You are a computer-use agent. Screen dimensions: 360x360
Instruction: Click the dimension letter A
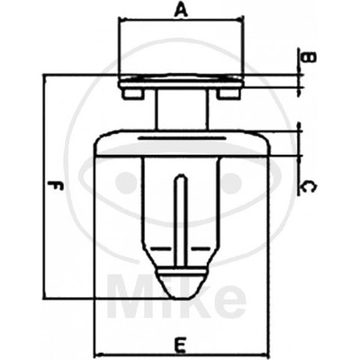click(x=181, y=11)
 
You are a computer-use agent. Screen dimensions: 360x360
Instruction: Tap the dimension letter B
click(x=309, y=57)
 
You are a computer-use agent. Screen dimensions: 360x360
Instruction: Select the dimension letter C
click(x=308, y=187)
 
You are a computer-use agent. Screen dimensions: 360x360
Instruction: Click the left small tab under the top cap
click(x=132, y=94)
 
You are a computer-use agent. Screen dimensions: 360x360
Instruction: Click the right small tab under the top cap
click(x=229, y=94)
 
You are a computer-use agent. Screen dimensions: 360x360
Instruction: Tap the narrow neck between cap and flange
click(x=182, y=110)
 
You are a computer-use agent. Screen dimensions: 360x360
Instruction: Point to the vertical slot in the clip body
click(x=181, y=220)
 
